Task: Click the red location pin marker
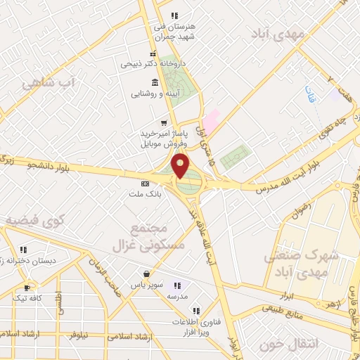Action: click(x=181, y=167)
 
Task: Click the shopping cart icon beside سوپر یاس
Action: click(x=146, y=274)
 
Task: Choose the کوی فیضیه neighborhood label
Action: click(x=34, y=221)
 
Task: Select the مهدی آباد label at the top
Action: click(x=278, y=33)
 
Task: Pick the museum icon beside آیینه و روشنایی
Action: click(x=154, y=82)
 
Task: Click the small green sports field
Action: click(x=235, y=157)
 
